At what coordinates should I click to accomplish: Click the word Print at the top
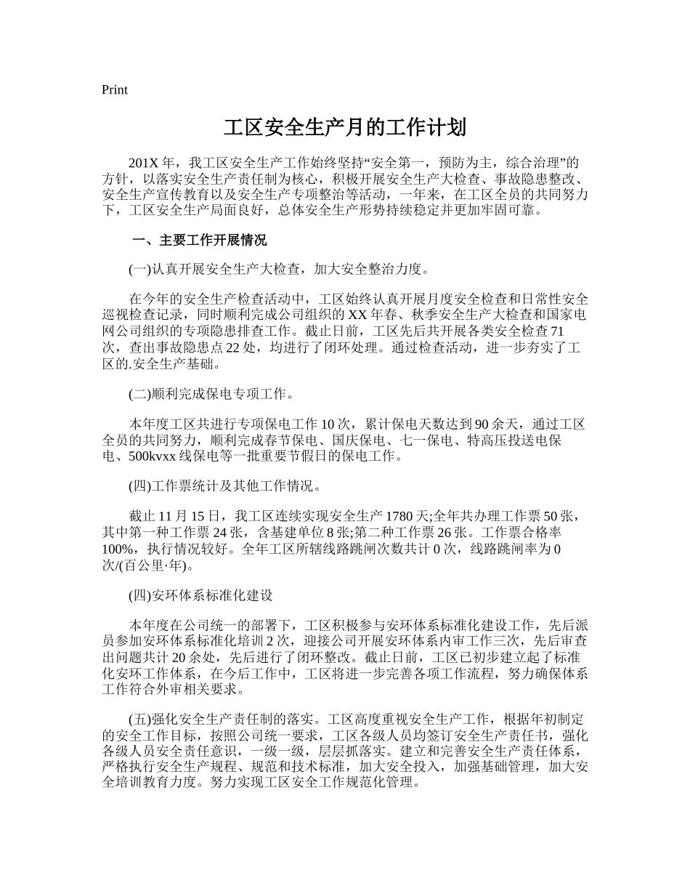tap(115, 90)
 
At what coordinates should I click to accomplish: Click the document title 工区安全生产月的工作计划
tap(344, 129)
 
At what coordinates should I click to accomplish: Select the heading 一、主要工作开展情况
tap(198, 241)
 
